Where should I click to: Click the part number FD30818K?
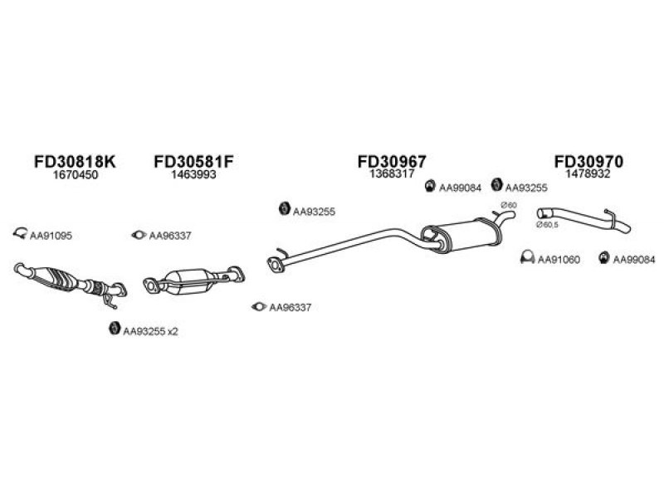coord(75,161)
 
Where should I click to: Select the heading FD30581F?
coord(193,161)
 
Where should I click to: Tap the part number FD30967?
coord(392,161)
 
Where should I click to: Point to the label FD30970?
coord(588,161)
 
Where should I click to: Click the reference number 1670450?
coord(75,174)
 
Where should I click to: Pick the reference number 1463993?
coord(193,174)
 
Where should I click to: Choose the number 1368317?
coord(392,173)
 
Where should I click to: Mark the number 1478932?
coord(588,173)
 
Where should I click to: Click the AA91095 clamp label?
coord(51,236)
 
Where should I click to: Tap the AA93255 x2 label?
coord(150,331)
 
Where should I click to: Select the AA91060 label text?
coord(559,259)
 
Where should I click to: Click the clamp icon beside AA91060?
coord(527,257)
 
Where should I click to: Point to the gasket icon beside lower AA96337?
coord(259,306)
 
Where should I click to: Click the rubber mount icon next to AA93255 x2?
coord(114,328)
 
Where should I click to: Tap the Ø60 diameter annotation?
coord(509,205)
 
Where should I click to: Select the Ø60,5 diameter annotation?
coord(548,225)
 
